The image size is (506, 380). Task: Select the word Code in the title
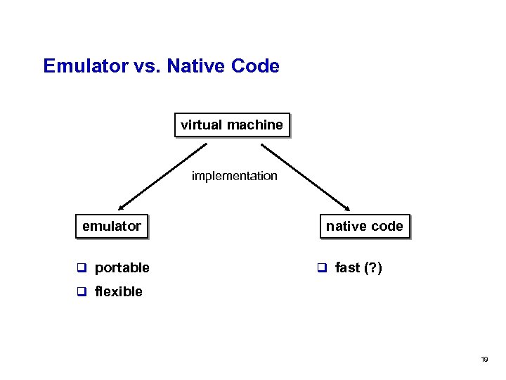pos(258,67)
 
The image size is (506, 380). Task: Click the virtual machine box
pos(232,125)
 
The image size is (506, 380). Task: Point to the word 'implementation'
pos(235,176)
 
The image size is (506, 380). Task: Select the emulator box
pos(112,226)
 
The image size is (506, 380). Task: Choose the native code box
pos(364,226)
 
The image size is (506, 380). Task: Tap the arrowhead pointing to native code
pos(347,208)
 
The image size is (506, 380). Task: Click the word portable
pos(122,267)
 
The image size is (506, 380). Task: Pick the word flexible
pos(118,291)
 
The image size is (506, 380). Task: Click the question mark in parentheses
pos(373,267)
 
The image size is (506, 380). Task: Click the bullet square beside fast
pos(322,267)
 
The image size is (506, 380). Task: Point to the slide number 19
pos(484,360)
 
